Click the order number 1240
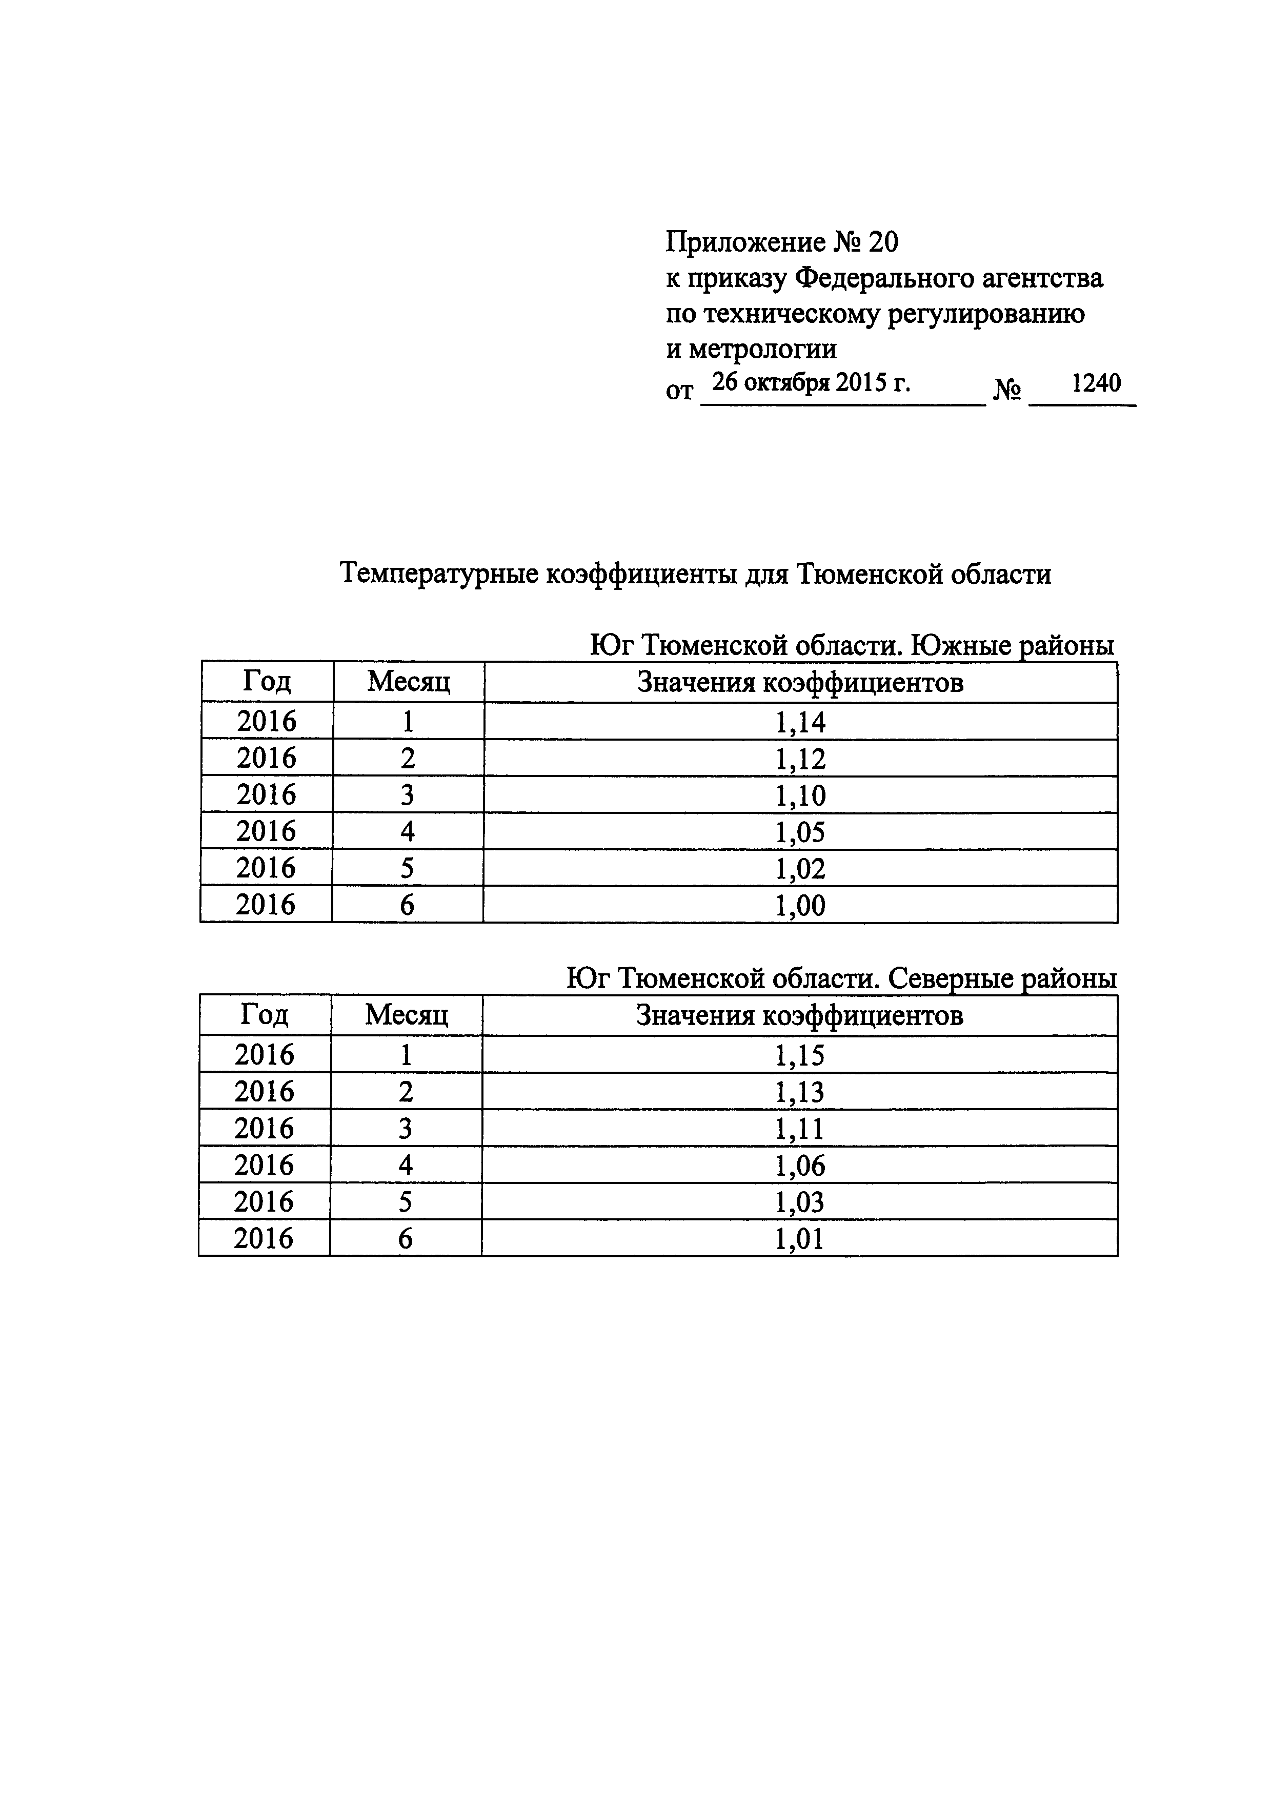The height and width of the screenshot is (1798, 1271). (1096, 383)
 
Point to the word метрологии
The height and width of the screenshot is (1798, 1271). (762, 349)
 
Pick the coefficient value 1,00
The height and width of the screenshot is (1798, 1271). (800, 906)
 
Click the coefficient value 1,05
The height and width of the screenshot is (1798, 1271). (800, 832)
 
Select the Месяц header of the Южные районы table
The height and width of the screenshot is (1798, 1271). (409, 682)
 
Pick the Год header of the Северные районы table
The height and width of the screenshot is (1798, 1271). (265, 1015)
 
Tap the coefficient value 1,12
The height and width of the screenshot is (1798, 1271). (800, 759)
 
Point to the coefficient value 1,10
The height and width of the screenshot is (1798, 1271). (800, 795)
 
